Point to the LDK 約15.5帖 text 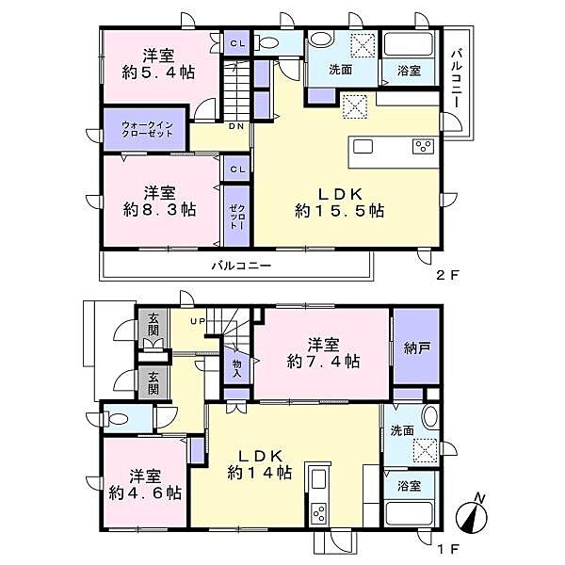(337, 201)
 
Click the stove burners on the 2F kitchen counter (422, 147)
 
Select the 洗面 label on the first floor (403, 431)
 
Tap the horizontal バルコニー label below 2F (240, 266)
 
